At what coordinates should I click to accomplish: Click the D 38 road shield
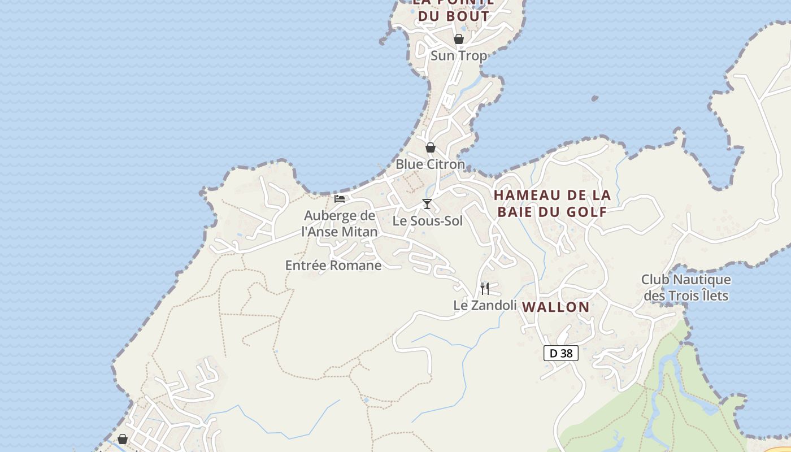(561, 353)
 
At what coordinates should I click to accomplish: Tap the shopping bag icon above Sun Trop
(459, 39)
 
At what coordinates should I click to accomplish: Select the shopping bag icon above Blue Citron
(431, 147)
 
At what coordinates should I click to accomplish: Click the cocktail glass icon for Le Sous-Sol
(427, 204)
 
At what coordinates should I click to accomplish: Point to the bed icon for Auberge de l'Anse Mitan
(340, 199)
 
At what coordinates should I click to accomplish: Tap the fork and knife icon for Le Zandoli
(485, 289)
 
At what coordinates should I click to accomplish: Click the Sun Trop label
(458, 55)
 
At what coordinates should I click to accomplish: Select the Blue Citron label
(430, 164)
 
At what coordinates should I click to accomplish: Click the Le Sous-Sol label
(427, 221)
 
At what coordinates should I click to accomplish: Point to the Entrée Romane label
(333, 265)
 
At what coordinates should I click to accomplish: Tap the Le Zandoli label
(485, 305)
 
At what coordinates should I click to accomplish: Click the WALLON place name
(555, 307)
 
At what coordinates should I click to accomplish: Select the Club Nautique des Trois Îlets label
(686, 288)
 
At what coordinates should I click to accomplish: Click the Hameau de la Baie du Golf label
(552, 203)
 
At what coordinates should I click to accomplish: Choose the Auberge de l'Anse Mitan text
(340, 223)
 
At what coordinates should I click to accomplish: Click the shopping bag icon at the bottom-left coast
(123, 439)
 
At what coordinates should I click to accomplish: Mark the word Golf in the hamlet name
(589, 212)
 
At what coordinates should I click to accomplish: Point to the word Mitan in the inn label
(360, 232)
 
